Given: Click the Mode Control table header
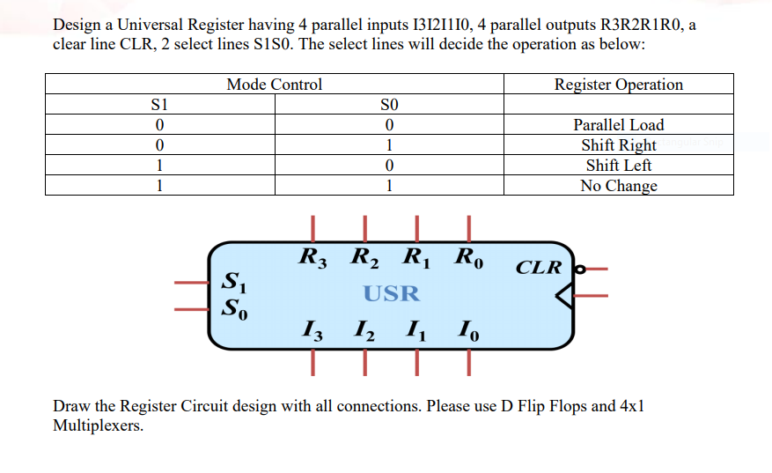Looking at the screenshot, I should pos(274,85).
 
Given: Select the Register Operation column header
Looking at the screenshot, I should pos(618,85).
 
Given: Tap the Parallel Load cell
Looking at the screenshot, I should pos(618,125).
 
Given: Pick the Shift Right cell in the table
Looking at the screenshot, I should pos(618,145).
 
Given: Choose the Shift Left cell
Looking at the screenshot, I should pos(618,166).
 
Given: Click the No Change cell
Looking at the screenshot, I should pos(618,186).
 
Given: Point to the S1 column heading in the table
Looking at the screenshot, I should pos(159,105).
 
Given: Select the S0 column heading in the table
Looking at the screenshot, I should pos(388,105).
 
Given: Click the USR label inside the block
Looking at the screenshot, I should pos(392,293).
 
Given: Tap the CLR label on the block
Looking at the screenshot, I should pos(538,266).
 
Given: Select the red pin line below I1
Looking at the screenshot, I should pos(417,361).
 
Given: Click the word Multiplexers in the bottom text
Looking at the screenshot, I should pos(99,425).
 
